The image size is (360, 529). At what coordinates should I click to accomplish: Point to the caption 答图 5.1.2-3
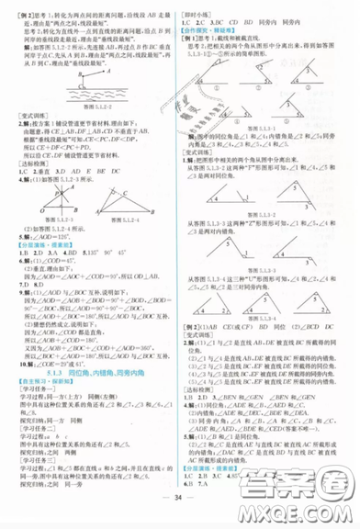(x=49, y=234)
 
